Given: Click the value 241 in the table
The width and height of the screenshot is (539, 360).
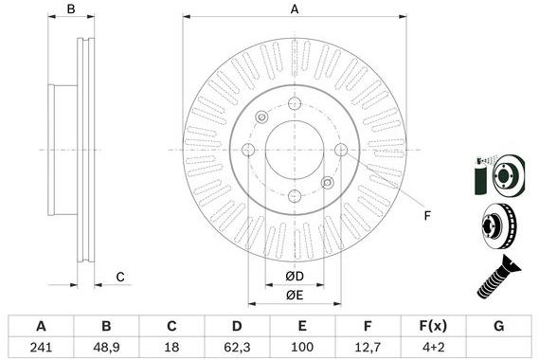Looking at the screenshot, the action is click(x=41, y=347).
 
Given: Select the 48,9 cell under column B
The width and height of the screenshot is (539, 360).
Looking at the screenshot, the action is click(x=106, y=347).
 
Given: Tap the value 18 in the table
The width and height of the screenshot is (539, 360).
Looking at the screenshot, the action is click(x=171, y=347).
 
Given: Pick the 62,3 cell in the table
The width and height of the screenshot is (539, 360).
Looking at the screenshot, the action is click(x=237, y=347).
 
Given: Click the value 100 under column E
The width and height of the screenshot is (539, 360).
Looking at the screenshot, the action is click(x=302, y=347).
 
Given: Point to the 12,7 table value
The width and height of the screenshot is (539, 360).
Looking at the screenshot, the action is click(x=368, y=347).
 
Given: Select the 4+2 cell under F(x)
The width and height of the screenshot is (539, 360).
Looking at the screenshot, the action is click(x=433, y=347).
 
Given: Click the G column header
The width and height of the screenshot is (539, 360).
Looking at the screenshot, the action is click(x=499, y=326).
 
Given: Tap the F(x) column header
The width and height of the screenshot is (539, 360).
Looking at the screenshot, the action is click(x=433, y=326).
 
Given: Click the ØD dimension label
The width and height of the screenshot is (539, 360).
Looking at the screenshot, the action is click(x=295, y=276).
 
